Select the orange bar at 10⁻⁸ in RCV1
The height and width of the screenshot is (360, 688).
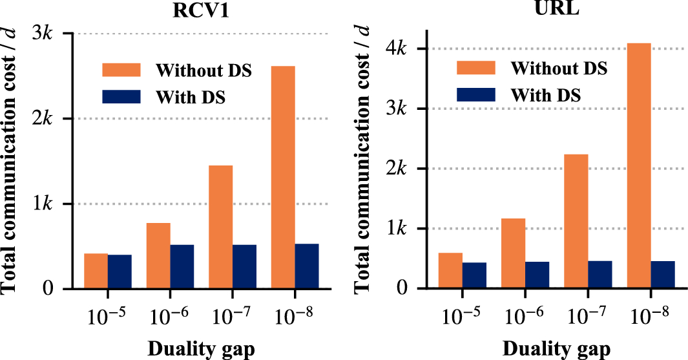pyautogui.click(x=283, y=177)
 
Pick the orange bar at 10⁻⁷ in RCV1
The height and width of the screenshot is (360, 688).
pyautogui.click(x=221, y=227)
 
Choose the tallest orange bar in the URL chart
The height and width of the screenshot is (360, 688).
pyautogui.click(x=639, y=165)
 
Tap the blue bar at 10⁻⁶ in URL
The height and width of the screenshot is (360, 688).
pyautogui.click(x=537, y=275)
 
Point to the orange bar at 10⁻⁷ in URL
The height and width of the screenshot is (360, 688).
pyautogui.click(x=576, y=221)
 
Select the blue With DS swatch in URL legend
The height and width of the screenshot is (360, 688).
pyautogui.click(x=475, y=94)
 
